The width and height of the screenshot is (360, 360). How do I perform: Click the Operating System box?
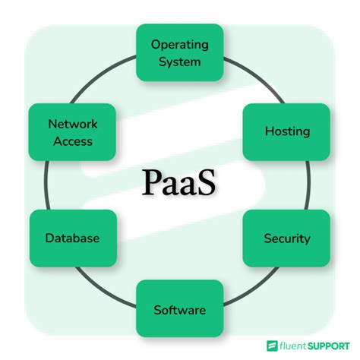pyautogui.click(x=180, y=52)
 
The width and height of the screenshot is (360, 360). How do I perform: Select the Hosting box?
pyautogui.click(x=287, y=131)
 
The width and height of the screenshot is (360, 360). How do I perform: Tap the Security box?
pyautogui.click(x=287, y=238)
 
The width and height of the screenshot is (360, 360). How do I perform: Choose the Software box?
pyautogui.click(x=180, y=309)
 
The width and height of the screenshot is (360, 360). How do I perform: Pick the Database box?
pyautogui.click(x=72, y=238)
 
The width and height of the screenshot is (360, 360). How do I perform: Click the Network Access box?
pyautogui.click(x=72, y=131)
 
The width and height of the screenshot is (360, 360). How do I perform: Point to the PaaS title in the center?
pyautogui.click(x=179, y=183)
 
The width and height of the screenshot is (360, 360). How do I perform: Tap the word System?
pyautogui.click(x=180, y=61)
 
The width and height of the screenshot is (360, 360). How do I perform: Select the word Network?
pyautogui.click(x=72, y=123)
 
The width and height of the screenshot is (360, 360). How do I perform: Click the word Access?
pyautogui.click(x=72, y=141)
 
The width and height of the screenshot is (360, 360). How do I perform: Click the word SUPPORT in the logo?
pyautogui.click(x=331, y=345)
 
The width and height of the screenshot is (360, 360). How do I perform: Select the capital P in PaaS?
pyautogui.click(x=151, y=183)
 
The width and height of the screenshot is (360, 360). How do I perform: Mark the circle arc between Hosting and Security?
pyautogui.click(x=314, y=185)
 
